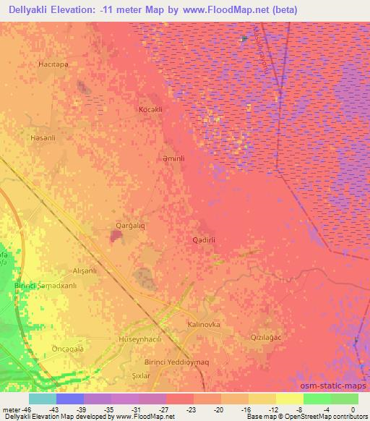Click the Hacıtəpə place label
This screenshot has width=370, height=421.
click(x=53, y=64)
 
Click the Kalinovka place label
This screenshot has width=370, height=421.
click(x=203, y=325)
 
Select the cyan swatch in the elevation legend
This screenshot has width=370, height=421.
click(x=42, y=399)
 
